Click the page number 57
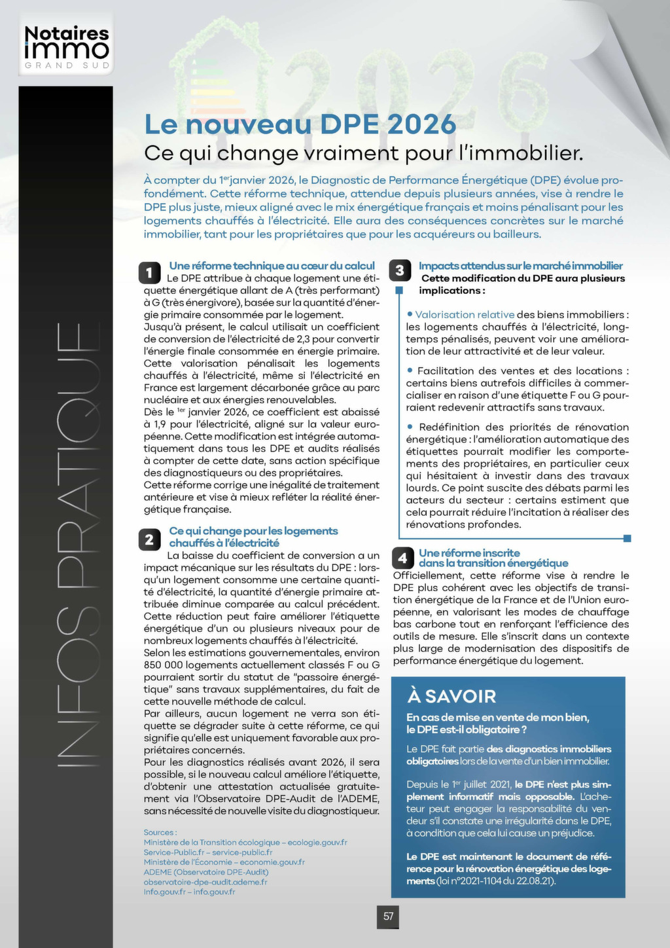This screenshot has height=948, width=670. coord(388,917)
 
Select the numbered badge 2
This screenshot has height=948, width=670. coord(149,539)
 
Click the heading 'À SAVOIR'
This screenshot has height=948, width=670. coord(451,696)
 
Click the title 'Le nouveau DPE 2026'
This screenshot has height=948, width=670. coord(300,124)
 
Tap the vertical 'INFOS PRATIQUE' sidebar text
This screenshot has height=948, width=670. coord(69,543)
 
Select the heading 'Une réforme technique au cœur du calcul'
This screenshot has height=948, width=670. coord(272,266)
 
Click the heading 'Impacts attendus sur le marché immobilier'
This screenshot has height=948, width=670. coord(520,266)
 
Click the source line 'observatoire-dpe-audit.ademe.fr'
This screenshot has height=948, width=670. coord(205,882)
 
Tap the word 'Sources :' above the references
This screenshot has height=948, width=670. coord(160,833)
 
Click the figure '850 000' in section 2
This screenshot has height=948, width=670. coord(163,665)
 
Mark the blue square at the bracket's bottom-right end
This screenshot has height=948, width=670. coord(627,538)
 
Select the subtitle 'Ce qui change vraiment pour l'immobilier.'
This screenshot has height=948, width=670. coord(363,153)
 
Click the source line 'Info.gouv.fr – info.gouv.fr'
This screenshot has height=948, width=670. coord(189,892)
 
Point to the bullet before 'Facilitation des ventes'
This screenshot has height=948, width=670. coord(410,371)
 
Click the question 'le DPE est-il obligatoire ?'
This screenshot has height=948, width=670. coord(467,729)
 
